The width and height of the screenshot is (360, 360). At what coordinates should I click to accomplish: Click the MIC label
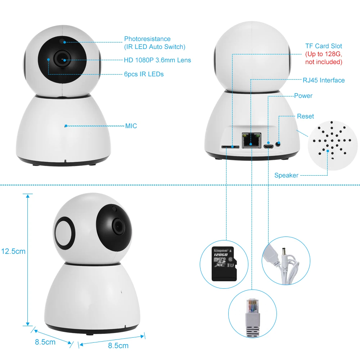[131, 126]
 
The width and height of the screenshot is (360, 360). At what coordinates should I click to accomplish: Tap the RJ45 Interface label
[323, 80]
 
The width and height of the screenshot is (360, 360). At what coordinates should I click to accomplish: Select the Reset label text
[305, 116]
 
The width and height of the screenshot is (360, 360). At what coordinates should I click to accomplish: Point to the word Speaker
[286, 175]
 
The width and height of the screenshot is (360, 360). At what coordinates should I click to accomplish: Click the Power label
[303, 96]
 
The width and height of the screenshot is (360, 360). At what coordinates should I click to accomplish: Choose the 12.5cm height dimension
[13, 251]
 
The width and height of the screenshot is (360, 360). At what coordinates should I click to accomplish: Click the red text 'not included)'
[324, 62]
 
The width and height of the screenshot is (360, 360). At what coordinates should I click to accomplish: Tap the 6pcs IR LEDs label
[144, 74]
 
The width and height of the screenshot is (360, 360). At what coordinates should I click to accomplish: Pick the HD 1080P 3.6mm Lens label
[158, 60]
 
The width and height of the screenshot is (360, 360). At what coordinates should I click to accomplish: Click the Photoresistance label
[147, 39]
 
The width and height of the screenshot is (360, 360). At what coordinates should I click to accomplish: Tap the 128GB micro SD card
[224, 264]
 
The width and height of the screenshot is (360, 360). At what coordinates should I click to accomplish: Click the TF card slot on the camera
[231, 147]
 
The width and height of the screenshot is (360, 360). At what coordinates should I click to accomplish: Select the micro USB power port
[268, 146]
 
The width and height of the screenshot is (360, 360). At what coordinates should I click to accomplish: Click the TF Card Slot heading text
[324, 46]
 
